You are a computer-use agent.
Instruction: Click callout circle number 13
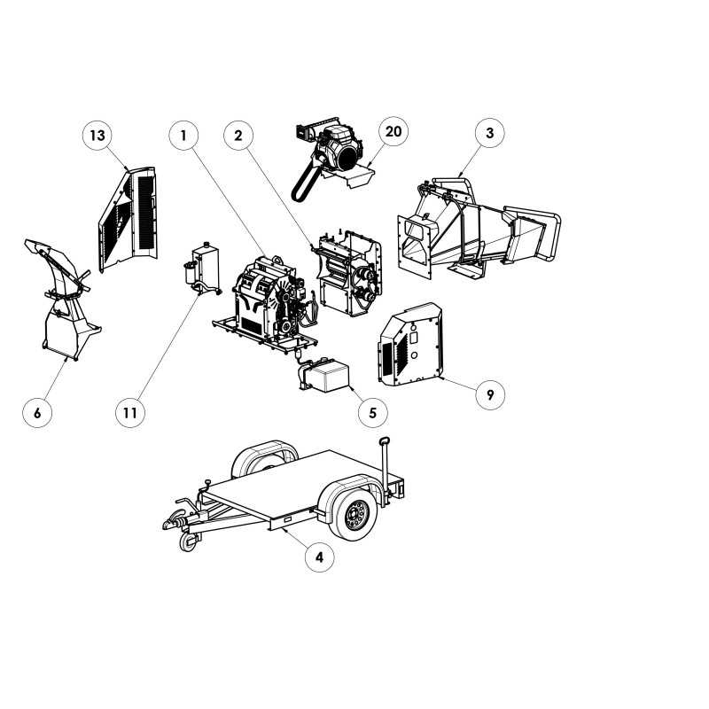(97, 136)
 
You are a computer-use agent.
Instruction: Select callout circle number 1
(183, 136)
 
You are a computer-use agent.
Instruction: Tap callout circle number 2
(238, 136)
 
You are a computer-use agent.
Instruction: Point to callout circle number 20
(393, 131)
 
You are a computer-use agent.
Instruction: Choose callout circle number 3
(490, 133)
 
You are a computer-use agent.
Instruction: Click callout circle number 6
(37, 412)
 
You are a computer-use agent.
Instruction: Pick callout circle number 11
(130, 412)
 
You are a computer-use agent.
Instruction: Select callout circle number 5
(372, 412)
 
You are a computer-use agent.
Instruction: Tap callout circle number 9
(490, 394)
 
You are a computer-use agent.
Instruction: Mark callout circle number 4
(319, 557)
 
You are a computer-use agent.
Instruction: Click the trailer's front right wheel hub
(356, 515)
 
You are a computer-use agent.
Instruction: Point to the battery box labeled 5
(324, 375)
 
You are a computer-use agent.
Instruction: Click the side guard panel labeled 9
(410, 345)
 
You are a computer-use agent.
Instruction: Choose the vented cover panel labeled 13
(129, 220)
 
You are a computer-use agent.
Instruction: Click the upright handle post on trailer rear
(385, 470)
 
